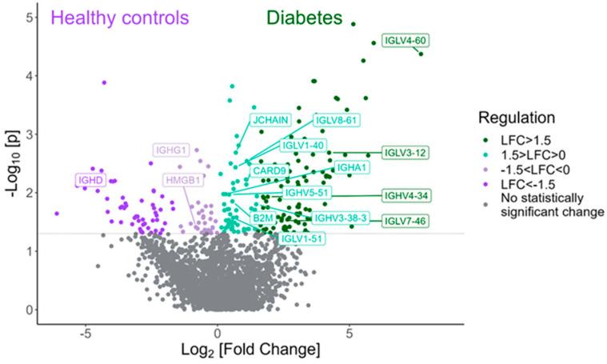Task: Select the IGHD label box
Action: [90, 181]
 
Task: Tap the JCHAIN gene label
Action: [270, 120]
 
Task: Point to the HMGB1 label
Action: [182, 180]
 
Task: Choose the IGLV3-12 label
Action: [405, 153]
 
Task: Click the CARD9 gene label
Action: [270, 170]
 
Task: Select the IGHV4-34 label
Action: [405, 195]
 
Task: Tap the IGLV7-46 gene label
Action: [405, 221]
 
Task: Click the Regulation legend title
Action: [517, 118]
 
